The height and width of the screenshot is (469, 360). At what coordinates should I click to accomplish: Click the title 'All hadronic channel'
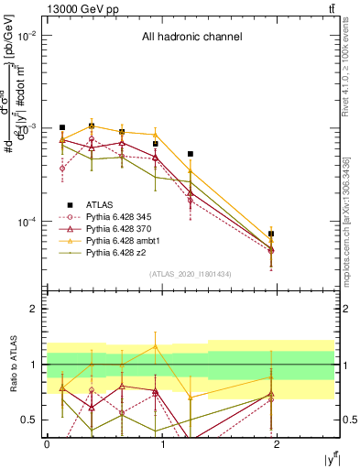tap(191, 38)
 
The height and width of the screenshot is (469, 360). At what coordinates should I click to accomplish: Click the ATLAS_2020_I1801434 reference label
tap(191, 274)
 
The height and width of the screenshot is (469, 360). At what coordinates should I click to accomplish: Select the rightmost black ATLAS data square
tap(271, 234)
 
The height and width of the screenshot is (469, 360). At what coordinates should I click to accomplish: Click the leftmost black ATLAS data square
tap(62, 128)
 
